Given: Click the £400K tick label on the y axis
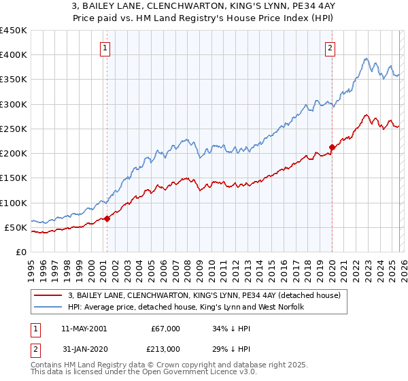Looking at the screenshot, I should tap(14, 55).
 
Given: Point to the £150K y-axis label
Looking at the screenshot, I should tap(14, 178).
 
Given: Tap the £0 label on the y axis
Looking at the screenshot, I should tap(21, 252).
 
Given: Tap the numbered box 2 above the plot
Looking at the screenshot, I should tap(330, 48).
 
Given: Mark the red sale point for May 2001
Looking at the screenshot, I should tap(107, 219).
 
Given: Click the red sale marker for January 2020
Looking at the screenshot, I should tap(332, 147).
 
